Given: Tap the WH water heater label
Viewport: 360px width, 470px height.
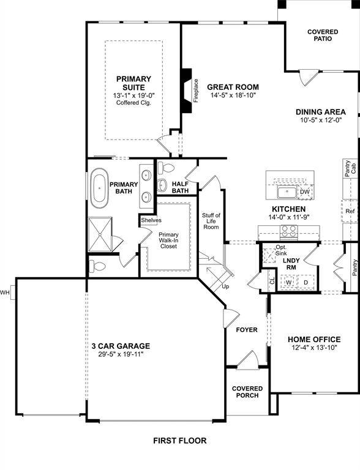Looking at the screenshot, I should point(6,292).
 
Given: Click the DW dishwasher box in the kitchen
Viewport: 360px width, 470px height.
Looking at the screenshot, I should point(304,192).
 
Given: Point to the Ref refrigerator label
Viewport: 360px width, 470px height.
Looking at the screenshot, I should point(350,211).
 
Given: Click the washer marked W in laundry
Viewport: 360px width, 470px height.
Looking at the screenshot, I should point(288,282).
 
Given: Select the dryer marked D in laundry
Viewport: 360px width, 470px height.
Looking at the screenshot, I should point(306,282).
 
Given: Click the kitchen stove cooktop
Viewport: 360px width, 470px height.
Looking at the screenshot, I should point(288,232).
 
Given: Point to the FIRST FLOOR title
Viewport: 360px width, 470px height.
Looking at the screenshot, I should point(179,441).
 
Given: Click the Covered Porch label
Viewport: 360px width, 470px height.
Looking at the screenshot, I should point(247,392).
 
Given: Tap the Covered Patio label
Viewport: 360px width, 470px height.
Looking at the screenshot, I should point(322,35).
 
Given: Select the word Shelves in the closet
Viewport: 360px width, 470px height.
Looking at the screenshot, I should point(151,220).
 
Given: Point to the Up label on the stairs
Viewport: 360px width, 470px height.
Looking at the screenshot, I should point(225,286).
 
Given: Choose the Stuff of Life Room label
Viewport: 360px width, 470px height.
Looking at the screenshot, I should point(211,221).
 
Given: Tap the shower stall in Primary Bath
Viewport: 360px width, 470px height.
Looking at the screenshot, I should point(100,234).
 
